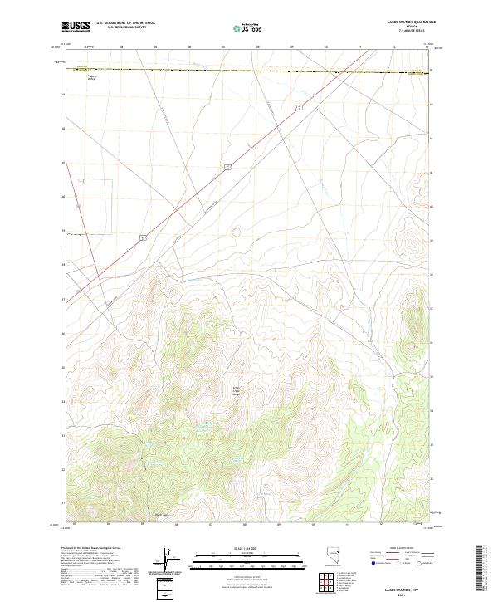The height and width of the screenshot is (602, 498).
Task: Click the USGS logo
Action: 76,27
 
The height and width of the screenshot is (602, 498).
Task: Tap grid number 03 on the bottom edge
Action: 75,525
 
